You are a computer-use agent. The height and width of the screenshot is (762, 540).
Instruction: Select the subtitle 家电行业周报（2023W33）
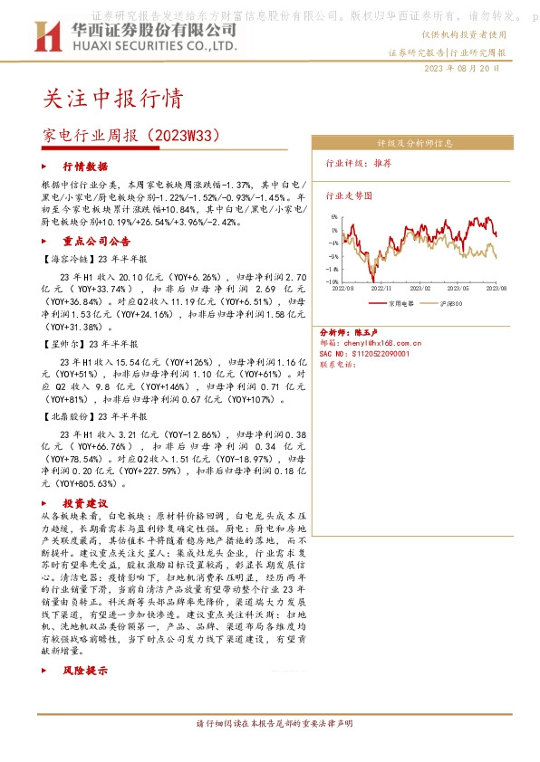(x=132, y=135)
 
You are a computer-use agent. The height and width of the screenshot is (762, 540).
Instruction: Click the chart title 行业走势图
(x=349, y=195)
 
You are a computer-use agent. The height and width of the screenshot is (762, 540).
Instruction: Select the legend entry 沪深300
(x=450, y=303)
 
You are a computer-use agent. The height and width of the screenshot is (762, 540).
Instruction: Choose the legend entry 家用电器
(x=400, y=303)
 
